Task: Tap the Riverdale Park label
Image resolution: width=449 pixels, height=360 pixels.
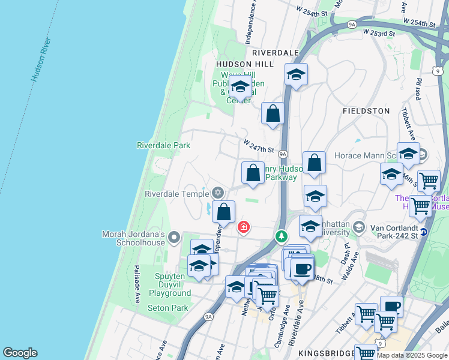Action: coord(163,145)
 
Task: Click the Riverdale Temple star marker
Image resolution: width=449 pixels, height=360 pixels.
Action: coord(218,193)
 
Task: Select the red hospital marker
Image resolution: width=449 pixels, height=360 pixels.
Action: coord(244,227)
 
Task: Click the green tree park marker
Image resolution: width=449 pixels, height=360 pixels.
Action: coord(281,237)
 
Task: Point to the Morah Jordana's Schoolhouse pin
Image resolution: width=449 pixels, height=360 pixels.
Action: coord(174,238)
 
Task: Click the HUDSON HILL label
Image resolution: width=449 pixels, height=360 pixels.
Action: coord(245,64)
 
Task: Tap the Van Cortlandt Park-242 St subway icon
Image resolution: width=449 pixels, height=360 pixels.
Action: coord(424,232)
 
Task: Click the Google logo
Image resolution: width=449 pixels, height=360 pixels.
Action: coord(20,353)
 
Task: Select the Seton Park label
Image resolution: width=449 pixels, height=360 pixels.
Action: coord(167,308)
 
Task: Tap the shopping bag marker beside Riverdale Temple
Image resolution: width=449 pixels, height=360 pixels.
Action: coord(223,212)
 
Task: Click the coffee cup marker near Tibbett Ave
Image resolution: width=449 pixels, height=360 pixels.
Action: coord(391,306)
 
